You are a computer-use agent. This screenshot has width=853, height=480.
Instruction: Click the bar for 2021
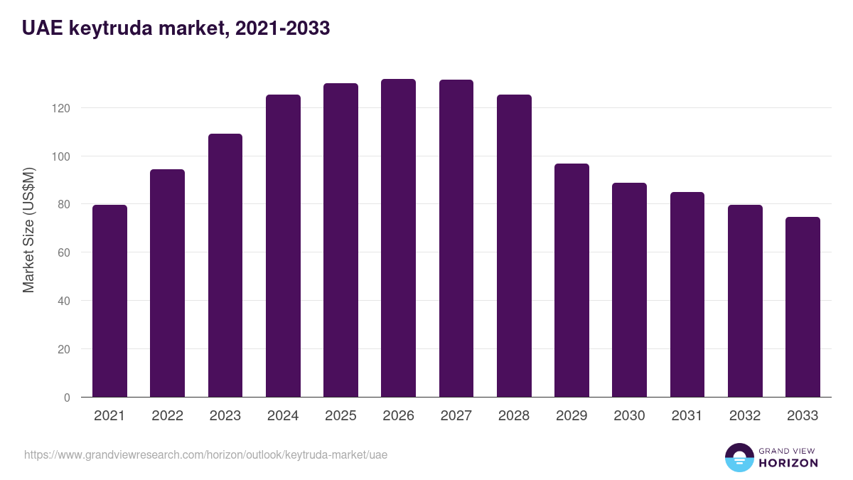point(109,301)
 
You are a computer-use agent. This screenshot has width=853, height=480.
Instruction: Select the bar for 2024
point(283,245)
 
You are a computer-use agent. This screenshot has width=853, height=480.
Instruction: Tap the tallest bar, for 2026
point(398,238)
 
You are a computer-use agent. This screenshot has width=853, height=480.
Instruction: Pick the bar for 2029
point(572,280)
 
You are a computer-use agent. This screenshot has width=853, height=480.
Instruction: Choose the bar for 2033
point(803,306)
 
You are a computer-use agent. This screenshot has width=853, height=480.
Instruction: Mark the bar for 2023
point(225,265)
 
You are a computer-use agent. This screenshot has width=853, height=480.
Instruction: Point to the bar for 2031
point(687,294)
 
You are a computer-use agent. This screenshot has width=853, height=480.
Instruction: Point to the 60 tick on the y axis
point(65,252)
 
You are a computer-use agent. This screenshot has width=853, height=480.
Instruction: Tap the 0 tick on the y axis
point(67,398)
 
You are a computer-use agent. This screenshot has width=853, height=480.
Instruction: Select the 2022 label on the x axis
point(167,416)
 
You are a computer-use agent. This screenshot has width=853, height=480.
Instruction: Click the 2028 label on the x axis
point(514,416)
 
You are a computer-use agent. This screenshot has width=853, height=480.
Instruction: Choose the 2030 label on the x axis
point(629,416)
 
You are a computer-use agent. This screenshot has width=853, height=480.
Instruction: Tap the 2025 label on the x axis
point(340,416)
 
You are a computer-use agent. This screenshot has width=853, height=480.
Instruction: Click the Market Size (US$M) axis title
point(28,229)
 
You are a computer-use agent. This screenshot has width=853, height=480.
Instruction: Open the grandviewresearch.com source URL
point(206,454)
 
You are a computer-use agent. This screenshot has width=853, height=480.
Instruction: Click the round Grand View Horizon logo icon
point(739,457)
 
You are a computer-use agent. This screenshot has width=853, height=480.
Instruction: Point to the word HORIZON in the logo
point(788,463)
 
